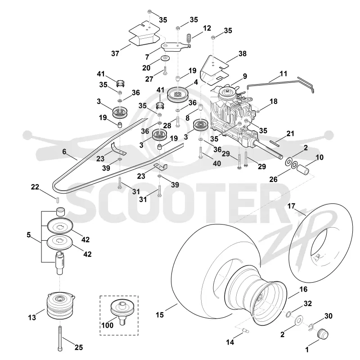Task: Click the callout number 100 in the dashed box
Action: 108,325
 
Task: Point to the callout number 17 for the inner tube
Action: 291,206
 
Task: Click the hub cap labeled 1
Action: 322,333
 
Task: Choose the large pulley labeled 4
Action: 177,94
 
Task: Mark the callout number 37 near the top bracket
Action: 115,54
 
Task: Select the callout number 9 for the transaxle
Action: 245,76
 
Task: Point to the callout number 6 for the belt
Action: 64,152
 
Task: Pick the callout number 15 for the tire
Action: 160,315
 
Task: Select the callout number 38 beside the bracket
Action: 243,54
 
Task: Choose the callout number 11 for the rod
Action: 283,74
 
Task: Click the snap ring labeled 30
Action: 311,328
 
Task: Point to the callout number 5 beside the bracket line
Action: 29,235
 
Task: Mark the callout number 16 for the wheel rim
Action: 303,289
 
